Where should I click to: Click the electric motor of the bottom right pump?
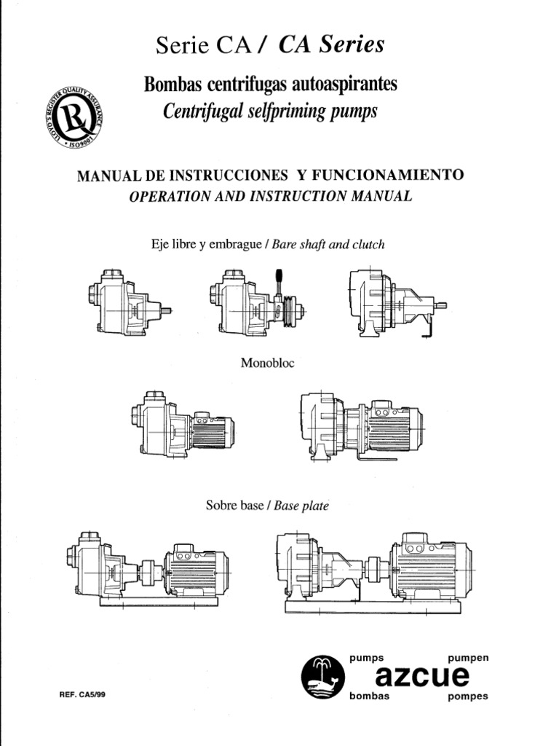click(x=429, y=569)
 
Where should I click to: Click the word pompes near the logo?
click(x=468, y=696)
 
